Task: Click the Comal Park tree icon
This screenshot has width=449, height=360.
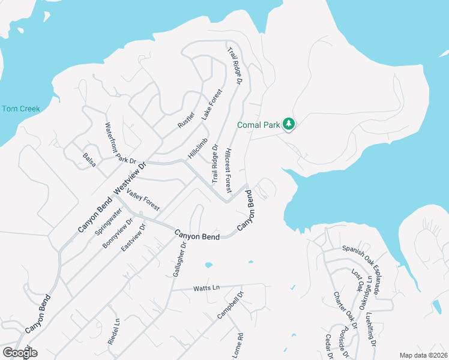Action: pos(289,124)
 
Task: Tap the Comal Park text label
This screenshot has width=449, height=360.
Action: pos(259,125)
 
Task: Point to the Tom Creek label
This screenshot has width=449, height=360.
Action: pos(20,109)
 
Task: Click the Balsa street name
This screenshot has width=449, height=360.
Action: pos(89,159)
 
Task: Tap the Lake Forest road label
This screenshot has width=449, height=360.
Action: pos(211,104)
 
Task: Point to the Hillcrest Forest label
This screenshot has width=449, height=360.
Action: pos(228,170)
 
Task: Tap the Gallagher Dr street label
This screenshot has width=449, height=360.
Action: pos(178,259)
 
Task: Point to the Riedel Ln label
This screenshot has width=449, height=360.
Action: pos(113,331)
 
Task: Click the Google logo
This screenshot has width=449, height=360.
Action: pos(20,353)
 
